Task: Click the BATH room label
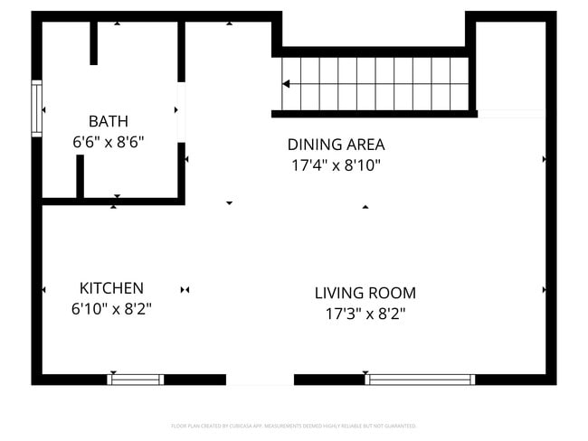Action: [x=108, y=121]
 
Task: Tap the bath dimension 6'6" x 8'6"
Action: [x=108, y=142]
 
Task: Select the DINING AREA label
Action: [x=336, y=145]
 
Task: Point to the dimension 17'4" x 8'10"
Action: [x=336, y=165]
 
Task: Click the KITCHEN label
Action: [x=111, y=288]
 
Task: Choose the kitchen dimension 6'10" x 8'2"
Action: [x=111, y=309]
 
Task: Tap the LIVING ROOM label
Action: [x=365, y=293]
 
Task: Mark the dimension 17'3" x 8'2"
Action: [x=365, y=314]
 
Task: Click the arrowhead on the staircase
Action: [x=286, y=84]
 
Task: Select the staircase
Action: [x=373, y=84]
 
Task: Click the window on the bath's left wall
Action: [x=37, y=108]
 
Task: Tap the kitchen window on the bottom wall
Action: [x=136, y=380]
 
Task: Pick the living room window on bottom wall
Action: [x=421, y=380]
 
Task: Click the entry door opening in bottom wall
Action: [x=260, y=380]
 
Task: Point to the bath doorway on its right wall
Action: [x=181, y=112]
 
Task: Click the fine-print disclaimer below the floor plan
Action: [x=293, y=426]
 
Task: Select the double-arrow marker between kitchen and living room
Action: [x=185, y=290]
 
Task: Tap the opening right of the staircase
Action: [x=512, y=114]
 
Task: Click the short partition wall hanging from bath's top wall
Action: [x=93, y=42]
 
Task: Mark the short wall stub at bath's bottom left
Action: [x=81, y=177]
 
